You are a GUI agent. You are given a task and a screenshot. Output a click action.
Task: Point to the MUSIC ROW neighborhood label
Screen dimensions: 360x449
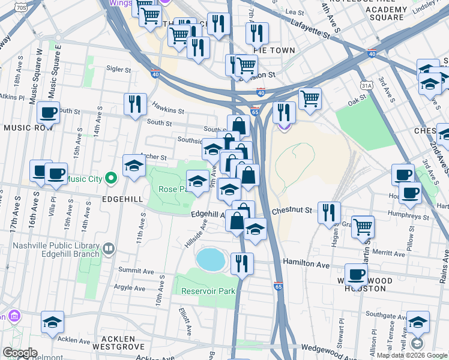[x=25, y=128]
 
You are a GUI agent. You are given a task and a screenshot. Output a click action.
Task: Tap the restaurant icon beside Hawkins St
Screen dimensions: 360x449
[x=135, y=104]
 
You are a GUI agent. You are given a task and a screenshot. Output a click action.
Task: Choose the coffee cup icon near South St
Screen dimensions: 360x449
[x=48, y=112]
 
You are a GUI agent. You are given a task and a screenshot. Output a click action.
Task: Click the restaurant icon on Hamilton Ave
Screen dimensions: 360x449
[x=242, y=263]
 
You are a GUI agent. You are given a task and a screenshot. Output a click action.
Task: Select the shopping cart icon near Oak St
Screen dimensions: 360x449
[x=310, y=98]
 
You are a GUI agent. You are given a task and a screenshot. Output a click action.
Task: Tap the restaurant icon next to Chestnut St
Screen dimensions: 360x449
[x=329, y=212]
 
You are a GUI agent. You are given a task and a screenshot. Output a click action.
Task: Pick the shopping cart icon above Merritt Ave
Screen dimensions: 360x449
[x=363, y=227]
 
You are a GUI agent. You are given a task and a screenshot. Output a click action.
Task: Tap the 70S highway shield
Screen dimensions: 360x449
[x=22, y=7]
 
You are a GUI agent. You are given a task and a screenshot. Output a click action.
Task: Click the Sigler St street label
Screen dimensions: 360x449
[x=119, y=70]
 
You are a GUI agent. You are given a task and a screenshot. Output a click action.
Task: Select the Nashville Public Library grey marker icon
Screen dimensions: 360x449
[x=109, y=248]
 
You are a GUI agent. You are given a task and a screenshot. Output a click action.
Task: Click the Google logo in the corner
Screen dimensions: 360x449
[x=20, y=353]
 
